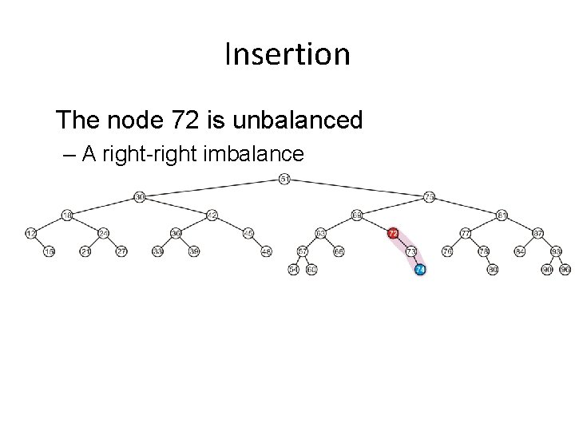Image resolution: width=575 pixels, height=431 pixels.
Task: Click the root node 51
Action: coord(285,178)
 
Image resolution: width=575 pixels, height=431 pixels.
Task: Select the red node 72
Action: coord(392,233)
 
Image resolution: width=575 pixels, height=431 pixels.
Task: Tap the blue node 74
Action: coord(420,270)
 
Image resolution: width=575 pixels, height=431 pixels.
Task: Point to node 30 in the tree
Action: coord(139,196)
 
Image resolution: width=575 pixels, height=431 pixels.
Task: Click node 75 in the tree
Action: coord(429,196)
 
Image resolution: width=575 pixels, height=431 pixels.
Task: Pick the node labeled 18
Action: coord(67,215)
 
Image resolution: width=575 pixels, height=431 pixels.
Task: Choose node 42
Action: coord(212,215)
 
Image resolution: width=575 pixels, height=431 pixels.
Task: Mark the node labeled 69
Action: coord(356,215)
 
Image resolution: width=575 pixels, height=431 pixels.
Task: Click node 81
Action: coord(502,215)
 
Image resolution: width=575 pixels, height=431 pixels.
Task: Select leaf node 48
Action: coord(266,251)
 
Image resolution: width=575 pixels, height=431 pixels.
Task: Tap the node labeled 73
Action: coord(410,251)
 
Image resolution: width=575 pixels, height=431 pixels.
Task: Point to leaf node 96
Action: coord(565,270)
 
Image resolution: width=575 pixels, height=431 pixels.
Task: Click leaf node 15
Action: coord(49,251)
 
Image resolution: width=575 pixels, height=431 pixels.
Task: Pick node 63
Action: coord(320,233)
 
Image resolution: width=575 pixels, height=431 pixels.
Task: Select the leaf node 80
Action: coord(493,270)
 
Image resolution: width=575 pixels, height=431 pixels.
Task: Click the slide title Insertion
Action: coord(287,54)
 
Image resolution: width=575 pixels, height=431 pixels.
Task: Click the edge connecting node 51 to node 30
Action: coord(212,187)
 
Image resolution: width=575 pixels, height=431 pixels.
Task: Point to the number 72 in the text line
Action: coord(181,121)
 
